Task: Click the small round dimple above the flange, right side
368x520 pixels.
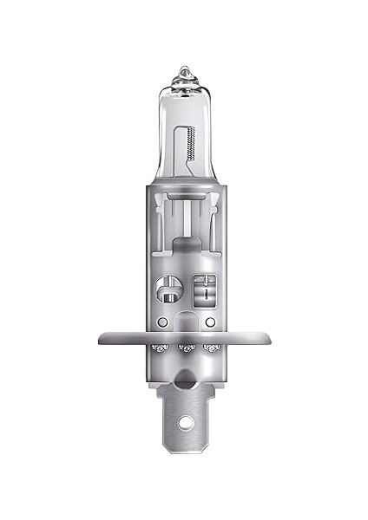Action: [x=208, y=322]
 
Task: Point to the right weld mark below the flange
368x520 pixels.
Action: [x=208, y=348]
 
